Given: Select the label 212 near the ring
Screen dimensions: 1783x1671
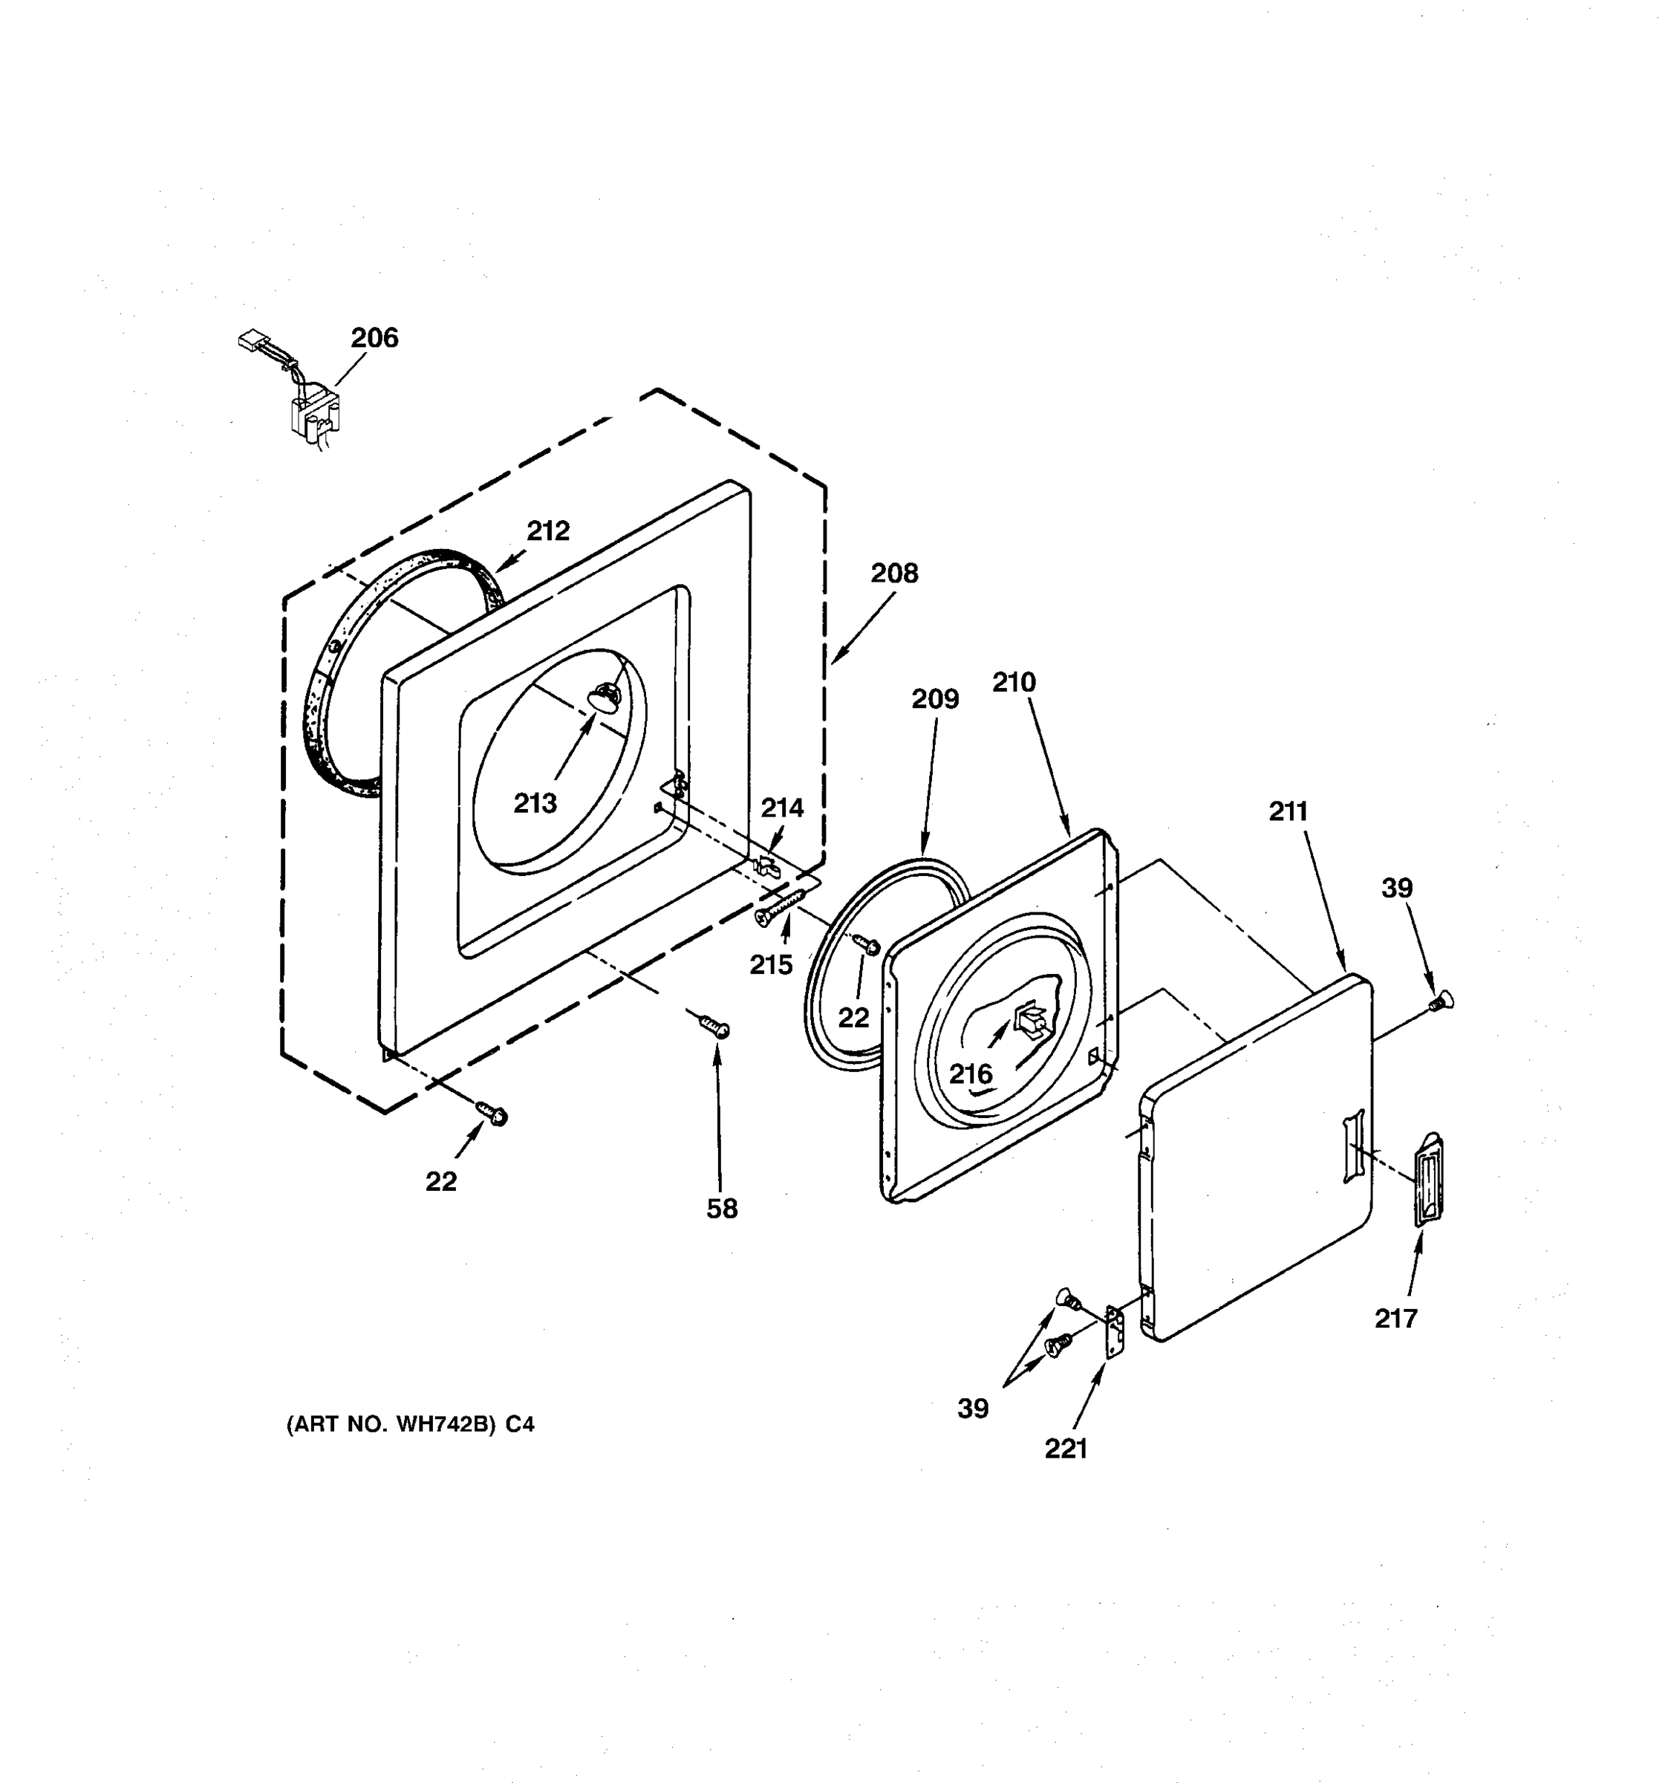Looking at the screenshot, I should pyautogui.click(x=548, y=531).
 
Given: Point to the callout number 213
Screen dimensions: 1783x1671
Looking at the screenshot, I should pyautogui.click(x=535, y=802).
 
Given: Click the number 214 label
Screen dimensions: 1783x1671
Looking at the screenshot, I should pyautogui.click(x=782, y=808).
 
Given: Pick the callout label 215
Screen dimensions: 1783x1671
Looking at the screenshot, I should pyautogui.click(x=771, y=965).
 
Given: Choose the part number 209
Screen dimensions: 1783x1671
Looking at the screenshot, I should pyautogui.click(x=935, y=698).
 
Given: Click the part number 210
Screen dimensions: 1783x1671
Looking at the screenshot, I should pyautogui.click(x=1014, y=683).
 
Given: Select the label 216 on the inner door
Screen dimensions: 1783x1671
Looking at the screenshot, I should pyautogui.click(x=971, y=1074).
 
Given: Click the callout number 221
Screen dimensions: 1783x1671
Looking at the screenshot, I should pyautogui.click(x=1066, y=1449).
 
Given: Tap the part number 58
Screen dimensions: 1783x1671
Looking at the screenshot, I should pyautogui.click(x=722, y=1209).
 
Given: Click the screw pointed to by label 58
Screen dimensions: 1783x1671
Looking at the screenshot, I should pyautogui.click(x=715, y=1025).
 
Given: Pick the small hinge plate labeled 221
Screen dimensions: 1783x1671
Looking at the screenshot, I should pyautogui.click(x=1114, y=1334).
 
